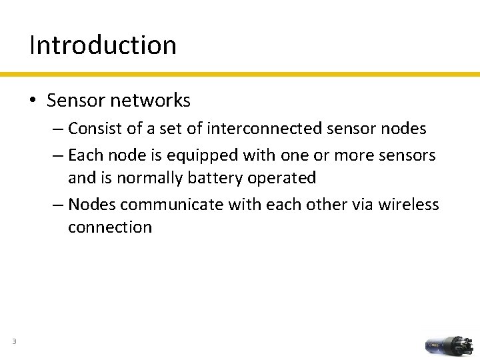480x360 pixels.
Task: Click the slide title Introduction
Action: click(x=103, y=45)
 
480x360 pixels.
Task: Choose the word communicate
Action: click(x=171, y=204)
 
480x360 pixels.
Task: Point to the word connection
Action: click(x=110, y=227)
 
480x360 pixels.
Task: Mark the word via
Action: click(x=359, y=204)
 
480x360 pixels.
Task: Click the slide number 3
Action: click(x=13, y=343)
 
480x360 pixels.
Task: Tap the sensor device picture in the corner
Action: click(x=449, y=345)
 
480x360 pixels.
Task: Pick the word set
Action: click(x=170, y=128)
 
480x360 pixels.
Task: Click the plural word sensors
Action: click(x=407, y=156)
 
